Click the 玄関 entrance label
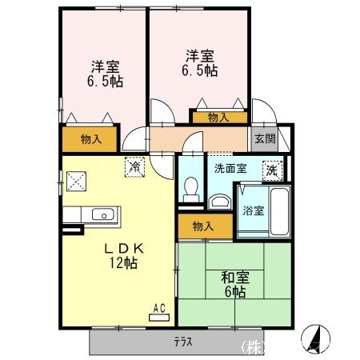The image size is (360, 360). tap(265, 138)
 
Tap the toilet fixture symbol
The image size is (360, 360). tap(191, 190)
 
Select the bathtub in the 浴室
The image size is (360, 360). tap(279, 211)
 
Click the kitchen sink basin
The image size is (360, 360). tap(103, 214)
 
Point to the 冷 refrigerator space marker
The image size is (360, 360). tap(135, 167)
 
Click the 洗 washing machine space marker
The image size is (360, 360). tap(272, 171)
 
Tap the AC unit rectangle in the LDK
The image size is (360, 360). tap(159, 318)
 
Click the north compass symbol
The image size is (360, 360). tap(315, 338)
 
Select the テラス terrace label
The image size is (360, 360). tap(183, 342)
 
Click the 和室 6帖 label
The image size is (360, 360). tap(235, 285)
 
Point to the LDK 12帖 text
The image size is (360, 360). tap(123, 256)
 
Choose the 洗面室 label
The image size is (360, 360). tap(230, 169)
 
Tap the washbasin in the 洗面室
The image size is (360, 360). tap(219, 202)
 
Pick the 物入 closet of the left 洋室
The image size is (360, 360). tap(90, 139)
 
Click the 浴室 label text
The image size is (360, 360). tap(254, 211)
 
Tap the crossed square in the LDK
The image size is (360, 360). tap(76, 182)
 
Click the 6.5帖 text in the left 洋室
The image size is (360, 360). tap(105, 82)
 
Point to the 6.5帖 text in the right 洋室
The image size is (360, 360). tap(200, 70)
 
